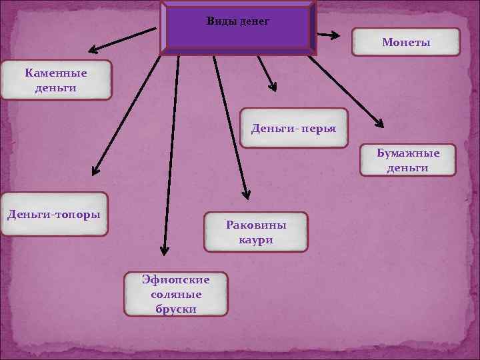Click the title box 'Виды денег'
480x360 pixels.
pos(238,27)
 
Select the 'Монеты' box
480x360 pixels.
pos(406,42)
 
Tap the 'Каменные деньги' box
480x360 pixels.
pos(56,80)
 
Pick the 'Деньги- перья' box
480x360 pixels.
pos(293,128)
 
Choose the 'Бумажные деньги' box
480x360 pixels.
pos(408,161)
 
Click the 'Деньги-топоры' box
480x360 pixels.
pos(54,215)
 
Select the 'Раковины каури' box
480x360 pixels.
pos(256,232)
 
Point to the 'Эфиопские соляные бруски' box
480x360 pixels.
pos(175,294)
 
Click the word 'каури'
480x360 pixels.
pos(256,240)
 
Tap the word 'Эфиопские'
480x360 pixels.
pos(175,280)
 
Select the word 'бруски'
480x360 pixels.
pos(174,309)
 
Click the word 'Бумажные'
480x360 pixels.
pos(408,153)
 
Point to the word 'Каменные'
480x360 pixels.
pos(56,73)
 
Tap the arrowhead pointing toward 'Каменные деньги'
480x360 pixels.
pos(93,49)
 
